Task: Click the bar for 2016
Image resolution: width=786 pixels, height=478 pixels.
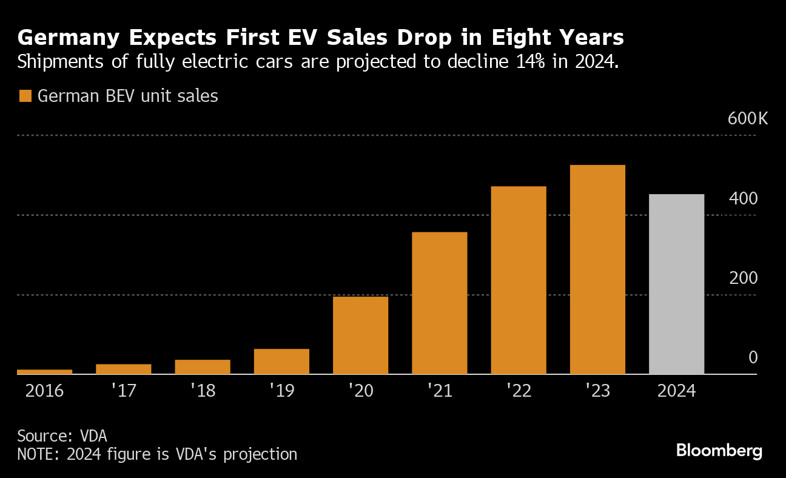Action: (x=45, y=371)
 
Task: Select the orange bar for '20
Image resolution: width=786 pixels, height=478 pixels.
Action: (x=360, y=335)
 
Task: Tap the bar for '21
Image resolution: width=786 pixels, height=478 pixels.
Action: (x=439, y=303)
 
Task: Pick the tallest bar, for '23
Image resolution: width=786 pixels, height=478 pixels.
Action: (x=597, y=269)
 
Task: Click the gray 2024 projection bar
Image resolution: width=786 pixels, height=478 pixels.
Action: (x=676, y=284)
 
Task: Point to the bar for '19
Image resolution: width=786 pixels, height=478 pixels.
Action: (x=281, y=361)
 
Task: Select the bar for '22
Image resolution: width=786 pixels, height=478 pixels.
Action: (x=519, y=280)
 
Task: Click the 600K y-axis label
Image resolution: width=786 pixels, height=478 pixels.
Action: (x=747, y=118)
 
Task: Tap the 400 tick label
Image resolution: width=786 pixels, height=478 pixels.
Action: (x=743, y=198)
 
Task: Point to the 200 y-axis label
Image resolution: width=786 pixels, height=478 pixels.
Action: (x=743, y=278)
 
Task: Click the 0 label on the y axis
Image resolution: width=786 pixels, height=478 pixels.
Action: (x=753, y=357)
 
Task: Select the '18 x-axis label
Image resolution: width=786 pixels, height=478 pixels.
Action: (x=203, y=390)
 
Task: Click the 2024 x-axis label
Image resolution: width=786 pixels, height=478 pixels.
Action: (x=676, y=390)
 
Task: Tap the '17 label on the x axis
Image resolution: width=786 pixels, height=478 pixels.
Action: (x=123, y=390)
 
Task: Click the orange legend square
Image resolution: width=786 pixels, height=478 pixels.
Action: (x=25, y=96)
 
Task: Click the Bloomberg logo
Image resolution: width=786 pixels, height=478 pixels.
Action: (x=719, y=451)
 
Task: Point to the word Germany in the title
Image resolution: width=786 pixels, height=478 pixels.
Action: (x=66, y=38)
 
